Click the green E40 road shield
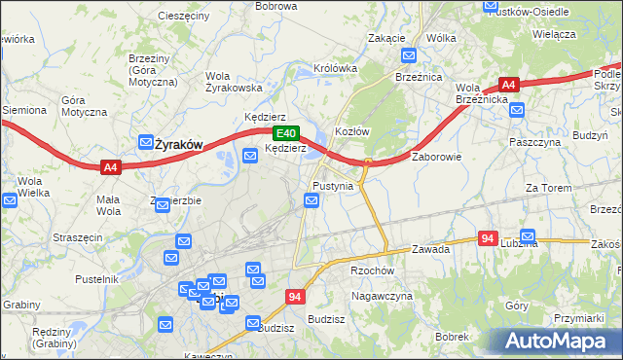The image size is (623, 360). click(x=284, y=133)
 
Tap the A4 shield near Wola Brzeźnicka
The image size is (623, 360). click(x=509, y=85)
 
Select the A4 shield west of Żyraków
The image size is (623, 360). click(x=110, y=167)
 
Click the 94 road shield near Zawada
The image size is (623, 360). click(x=489, y=237)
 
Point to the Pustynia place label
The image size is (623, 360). click(x=332, y=185)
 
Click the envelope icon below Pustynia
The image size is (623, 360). click(x=311, y=201)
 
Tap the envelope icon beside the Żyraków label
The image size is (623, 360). click(x=146, y=142)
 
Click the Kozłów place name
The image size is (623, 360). click(x=350, y=130)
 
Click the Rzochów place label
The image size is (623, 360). click(x=372, y=271)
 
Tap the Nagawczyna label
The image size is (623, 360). click(x=383, y=296)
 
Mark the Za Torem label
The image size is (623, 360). click(x=546, y=188)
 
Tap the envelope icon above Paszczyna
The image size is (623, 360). click(x=517, y=111)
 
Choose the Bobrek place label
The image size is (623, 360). click(x=453, y=336)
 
